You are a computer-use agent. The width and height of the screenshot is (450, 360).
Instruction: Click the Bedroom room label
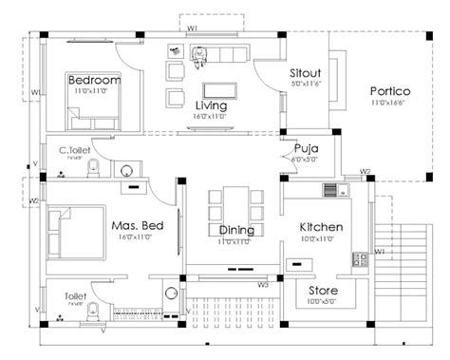click(x=95, y=82)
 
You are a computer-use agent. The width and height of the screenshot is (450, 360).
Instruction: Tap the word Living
click(x=211, y=104)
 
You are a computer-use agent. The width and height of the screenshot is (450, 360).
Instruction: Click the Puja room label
click(x=305, y=149)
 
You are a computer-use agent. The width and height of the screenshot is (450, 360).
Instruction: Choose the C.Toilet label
click(x=74, y=149)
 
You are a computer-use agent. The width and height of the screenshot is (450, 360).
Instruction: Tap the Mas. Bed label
click(x=137, y=226)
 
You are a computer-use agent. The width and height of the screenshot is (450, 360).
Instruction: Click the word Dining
click(x=235, y=230)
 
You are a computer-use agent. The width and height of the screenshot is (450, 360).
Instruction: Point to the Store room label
click(x=323, y=290)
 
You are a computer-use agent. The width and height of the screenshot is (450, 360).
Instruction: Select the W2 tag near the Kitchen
click(x=366, y=172)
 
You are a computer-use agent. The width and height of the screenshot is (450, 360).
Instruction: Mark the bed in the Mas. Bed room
click(x=71, y=231)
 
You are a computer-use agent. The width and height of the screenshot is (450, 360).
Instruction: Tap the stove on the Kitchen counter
click(x=360, y=256)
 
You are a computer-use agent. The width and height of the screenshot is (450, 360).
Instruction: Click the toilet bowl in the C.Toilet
click(x=92, y=169)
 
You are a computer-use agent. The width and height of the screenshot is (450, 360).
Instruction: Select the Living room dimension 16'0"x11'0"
click(x=211, y=116)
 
